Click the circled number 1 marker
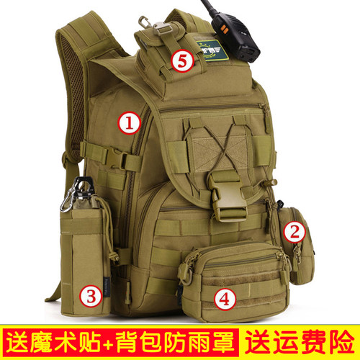[x=129, y=123]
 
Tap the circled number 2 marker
[x=294, y=232]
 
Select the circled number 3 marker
[x=91, y=296]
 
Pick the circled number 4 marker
[x=225, y=299]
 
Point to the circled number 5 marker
[x=182, y=61]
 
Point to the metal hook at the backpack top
[x=145, y=22]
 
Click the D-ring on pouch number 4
[x=186, y=276]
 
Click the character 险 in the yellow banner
[x=343, y=341]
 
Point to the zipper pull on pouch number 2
[x=297, y=254]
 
